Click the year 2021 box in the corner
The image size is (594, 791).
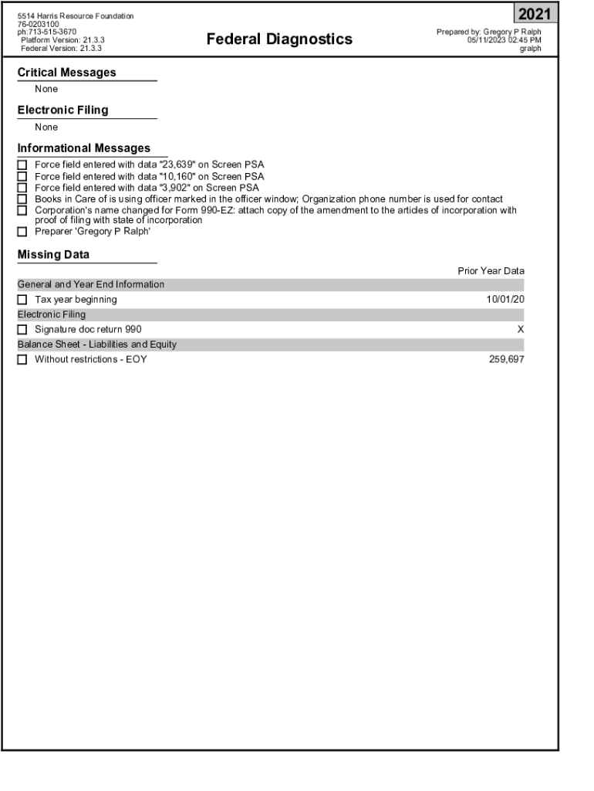pos(534,14)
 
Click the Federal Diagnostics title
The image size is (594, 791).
pos(279,39)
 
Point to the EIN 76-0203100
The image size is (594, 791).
pos(38,24)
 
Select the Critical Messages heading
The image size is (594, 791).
pos(67,73)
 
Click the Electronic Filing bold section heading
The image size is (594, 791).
pos(62,110)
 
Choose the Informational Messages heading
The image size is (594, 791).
pos(84,148)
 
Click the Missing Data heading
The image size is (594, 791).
pos(53,255)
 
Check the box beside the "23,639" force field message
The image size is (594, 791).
pos(22,165)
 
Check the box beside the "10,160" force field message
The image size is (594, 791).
pos(22,177)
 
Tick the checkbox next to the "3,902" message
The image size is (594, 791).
pos(22,188)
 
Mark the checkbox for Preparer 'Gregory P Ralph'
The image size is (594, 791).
pos(22,232)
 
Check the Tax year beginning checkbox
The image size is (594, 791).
pos(22,300)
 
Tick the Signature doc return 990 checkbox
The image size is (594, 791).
pos(22,330)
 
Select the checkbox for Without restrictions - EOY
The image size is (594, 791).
pos(22,360)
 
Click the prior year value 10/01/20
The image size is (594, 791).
pos(505,300)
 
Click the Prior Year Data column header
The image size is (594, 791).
pos(491,271)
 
